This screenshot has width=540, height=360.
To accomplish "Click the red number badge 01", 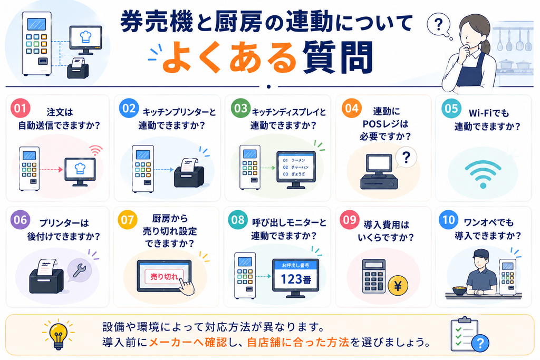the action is click(21, 108).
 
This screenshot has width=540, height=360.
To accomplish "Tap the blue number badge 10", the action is click(448, 220).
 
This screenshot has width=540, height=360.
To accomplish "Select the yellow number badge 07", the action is click(128, 220).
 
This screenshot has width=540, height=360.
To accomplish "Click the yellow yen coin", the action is click(398, 286).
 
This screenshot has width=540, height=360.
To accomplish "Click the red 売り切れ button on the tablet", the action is click(164, 277).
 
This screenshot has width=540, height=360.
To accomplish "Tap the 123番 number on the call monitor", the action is click(296, 279).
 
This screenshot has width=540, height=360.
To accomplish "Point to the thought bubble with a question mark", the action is click(439, 25).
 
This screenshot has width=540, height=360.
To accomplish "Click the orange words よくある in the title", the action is click(229, 57).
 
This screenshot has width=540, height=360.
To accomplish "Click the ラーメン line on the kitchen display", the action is click(294, 160).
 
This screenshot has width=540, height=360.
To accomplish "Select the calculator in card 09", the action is click(374, 276).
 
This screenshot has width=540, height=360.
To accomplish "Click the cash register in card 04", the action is click(379, 171).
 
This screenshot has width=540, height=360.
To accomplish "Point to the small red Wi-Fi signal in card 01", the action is click(96, 150).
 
